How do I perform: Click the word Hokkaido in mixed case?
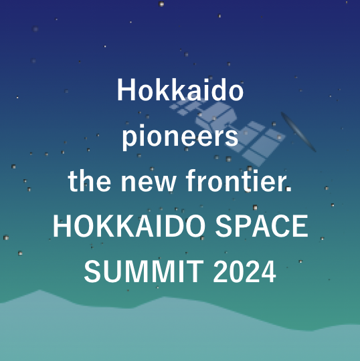(180, 90)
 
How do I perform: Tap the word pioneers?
(180, 137)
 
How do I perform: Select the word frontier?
(239, 180)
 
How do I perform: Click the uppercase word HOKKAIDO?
(129, 226)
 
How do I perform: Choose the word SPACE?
(262, 226)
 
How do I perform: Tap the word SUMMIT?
(144, 271)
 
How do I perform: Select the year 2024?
(244, 271)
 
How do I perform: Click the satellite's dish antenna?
(298, 132)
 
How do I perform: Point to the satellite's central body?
(216, 117)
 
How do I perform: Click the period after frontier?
(288, 189)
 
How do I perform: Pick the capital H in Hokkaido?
(126, 90)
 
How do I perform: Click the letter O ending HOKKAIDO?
(194, 226)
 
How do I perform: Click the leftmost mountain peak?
(39, 290)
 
